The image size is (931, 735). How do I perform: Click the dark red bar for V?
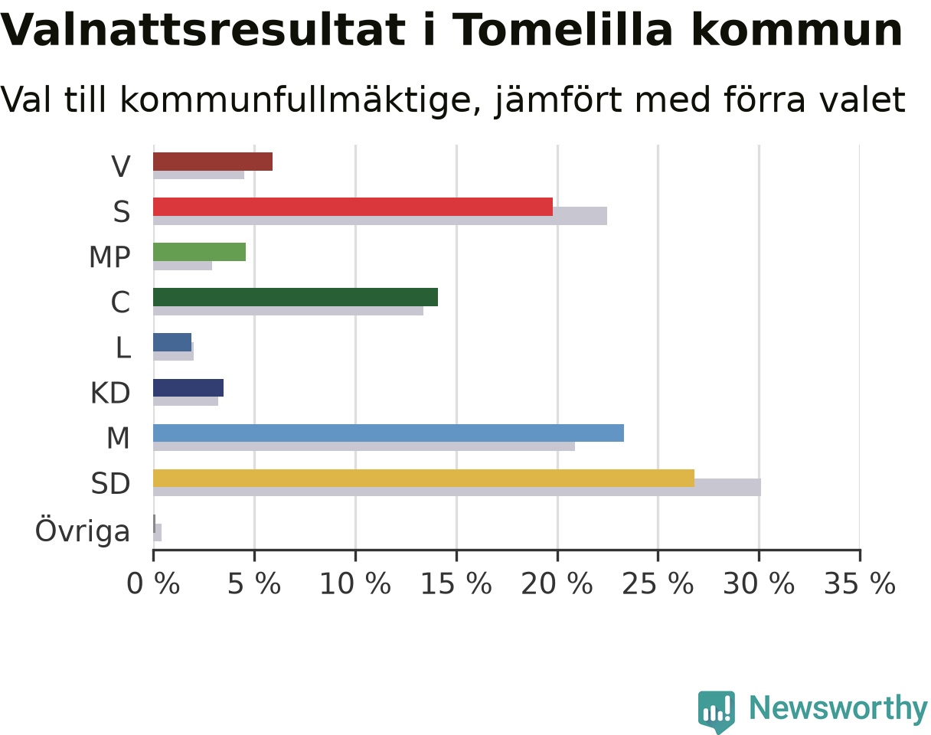[x=213, y=162]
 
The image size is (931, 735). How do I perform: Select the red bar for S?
[x=353, y=207]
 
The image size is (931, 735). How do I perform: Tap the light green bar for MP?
[x=199, y=252]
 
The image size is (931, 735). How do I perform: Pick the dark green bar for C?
[x=296, y=297]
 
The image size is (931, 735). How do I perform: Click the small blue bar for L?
[x=172, y=342]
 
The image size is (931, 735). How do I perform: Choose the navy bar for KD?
[x=188, y=387]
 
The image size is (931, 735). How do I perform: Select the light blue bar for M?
[x=388, y=433]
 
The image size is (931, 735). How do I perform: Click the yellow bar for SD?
[x=423, y=478]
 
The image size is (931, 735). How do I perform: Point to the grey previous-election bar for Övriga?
[x=158, y=532]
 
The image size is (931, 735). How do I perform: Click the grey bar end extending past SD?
[x=727, y=487]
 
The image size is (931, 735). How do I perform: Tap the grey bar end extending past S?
[x=580, y=216]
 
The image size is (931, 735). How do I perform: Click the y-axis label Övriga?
[x=82, y=531]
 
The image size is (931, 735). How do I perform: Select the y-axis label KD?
[x=110, y=393]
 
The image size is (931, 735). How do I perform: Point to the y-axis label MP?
[x=109, y=257]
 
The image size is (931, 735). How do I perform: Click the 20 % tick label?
[x=557, y=583]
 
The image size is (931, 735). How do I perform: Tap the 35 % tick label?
[x=860, y=583]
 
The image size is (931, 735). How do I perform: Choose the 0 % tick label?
[x=153, y=583]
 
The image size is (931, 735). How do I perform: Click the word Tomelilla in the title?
[x=564, y=31]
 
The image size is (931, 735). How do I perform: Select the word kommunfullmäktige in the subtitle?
[x=300, y=100]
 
